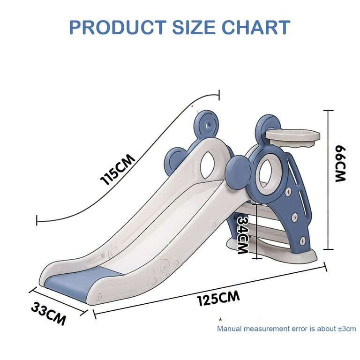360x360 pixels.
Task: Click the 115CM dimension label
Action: point(118,169)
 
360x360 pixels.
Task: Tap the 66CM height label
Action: point(340,164)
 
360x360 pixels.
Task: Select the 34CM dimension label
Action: point(243,235)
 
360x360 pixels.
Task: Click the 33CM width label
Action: point(48,314)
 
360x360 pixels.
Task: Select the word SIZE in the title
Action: point(194,27)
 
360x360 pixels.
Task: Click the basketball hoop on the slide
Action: point(292,137)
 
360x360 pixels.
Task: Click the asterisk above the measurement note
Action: point(220,319)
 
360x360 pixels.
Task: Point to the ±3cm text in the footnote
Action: point(347,329)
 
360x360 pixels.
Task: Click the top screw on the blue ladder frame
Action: point(288,191)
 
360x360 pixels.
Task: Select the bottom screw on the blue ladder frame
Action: point(302,240)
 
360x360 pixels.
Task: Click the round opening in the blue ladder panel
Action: point(266,173)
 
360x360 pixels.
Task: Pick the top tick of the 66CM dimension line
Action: point(328,111)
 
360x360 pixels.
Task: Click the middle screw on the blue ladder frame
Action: point(294,217)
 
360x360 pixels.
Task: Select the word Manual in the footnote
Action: point(229,329)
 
